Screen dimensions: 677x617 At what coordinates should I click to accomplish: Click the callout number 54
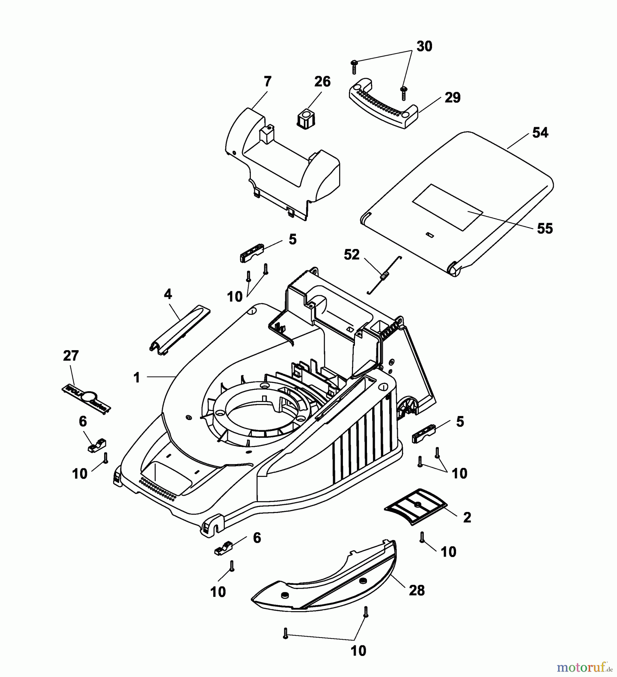pos(540,133)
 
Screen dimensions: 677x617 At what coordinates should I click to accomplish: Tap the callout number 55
pos(545,228)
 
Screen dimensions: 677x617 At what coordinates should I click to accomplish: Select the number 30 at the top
pos(424,46)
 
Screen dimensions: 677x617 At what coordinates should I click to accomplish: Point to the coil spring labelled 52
pos(384,277)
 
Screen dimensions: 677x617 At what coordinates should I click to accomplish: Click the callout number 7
pos(267,82)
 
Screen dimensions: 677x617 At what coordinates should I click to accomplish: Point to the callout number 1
pos(137,377)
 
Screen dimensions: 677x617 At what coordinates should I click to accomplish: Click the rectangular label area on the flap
pos(447,207)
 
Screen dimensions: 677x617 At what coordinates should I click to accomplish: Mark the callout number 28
pos(417,590)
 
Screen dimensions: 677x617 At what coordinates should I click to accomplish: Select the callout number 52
pos(352,255)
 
